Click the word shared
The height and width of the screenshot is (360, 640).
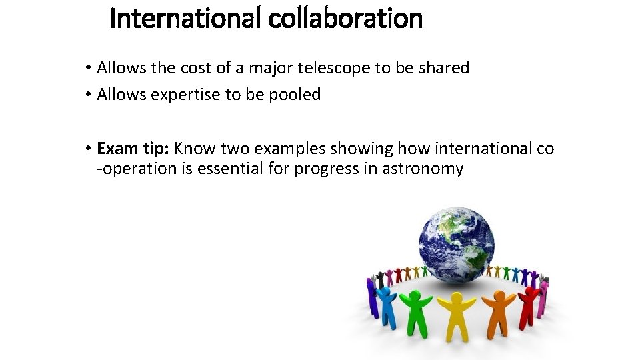(445, 67)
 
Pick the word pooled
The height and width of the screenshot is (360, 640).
(295, 95)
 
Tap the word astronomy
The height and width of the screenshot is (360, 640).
(423, 169)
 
